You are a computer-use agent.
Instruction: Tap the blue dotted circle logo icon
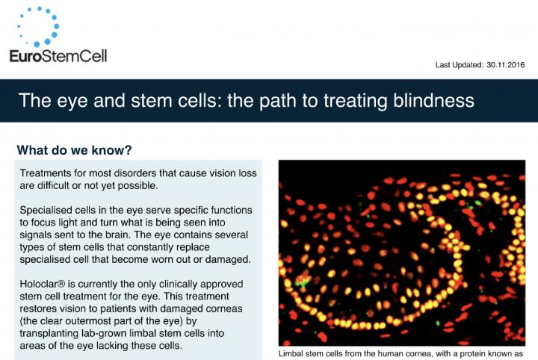click(37, 26)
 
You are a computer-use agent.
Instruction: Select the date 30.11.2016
click(503, 65)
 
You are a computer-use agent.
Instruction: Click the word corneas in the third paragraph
click(235, 309)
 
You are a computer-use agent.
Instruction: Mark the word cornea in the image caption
click(415, 353)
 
